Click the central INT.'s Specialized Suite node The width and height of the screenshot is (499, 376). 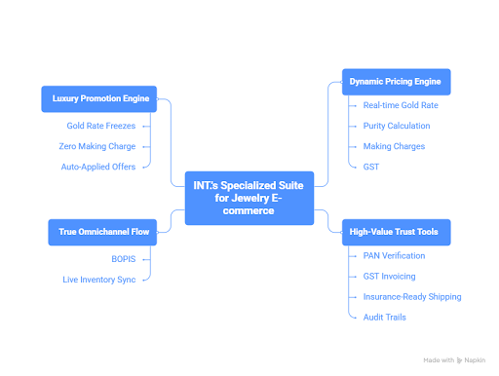[x=249, y=199]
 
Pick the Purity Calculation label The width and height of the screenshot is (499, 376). [x=397, y=126]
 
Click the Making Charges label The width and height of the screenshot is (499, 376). [x=392, y=146]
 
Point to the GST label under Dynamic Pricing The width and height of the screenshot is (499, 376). [x=371, y=167]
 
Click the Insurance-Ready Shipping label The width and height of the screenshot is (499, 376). [x=411, y=296]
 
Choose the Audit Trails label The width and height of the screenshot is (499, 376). [x=384, y=317]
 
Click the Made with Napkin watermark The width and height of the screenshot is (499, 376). [x=456, y=359]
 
